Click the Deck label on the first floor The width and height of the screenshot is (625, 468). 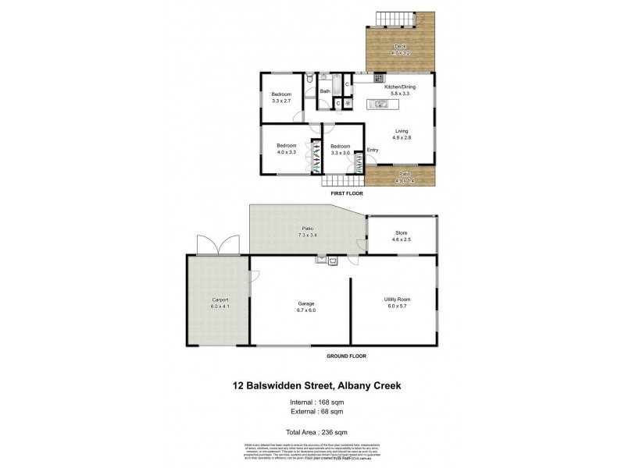pos(400,47)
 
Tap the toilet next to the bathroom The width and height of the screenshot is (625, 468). pos(311,79)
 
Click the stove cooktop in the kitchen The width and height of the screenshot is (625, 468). pos(378,78)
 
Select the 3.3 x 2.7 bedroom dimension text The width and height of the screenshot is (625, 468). pos(281,101)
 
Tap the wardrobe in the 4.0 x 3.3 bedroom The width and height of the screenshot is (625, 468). pos(315,156)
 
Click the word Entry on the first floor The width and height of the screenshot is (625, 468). pos(372,150)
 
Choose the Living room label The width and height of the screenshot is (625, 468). pos(402,131)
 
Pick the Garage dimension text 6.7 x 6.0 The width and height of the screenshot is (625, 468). pos(300,310)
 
